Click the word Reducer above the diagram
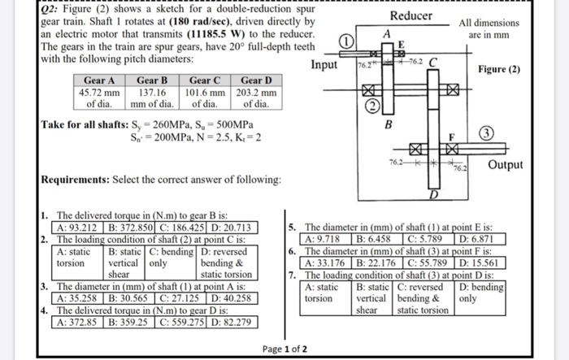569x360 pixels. [x=410, y=15]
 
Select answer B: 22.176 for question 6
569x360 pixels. [x=378, y=262]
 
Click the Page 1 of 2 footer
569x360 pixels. [x=284, y=349]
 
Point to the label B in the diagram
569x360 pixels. [x=388, y=124]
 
